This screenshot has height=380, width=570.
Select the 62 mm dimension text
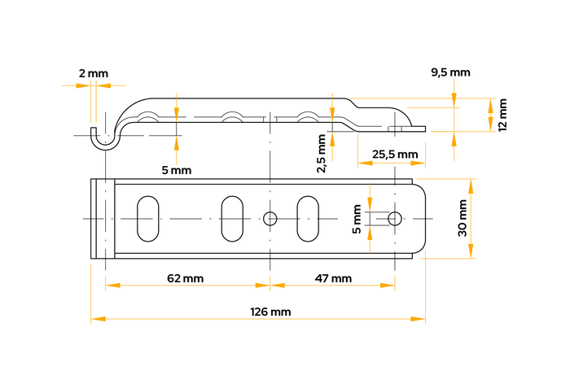(x=185, y=278)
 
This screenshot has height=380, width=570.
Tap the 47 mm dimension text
(x=333, y=278)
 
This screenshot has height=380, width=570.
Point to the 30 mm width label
(x=463, y=218)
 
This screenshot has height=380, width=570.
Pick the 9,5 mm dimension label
(x=450, y=72)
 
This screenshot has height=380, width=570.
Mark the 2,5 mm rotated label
(x=322, y=154)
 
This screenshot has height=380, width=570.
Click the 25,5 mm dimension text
(x=395, y=154)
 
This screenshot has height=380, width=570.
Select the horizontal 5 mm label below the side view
(x=176, y=170)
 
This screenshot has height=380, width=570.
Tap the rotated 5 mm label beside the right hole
(x=357, y=218)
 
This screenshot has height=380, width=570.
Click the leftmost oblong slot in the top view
(x=148, y=218)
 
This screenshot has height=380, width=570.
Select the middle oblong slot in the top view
(x=231, y=218)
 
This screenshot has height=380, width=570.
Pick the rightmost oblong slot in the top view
(x=308, y=218)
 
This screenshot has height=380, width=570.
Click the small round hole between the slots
(x=270, y=218)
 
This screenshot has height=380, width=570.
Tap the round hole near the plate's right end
(x=395, y=218)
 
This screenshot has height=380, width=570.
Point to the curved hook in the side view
(x=104, y=140)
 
